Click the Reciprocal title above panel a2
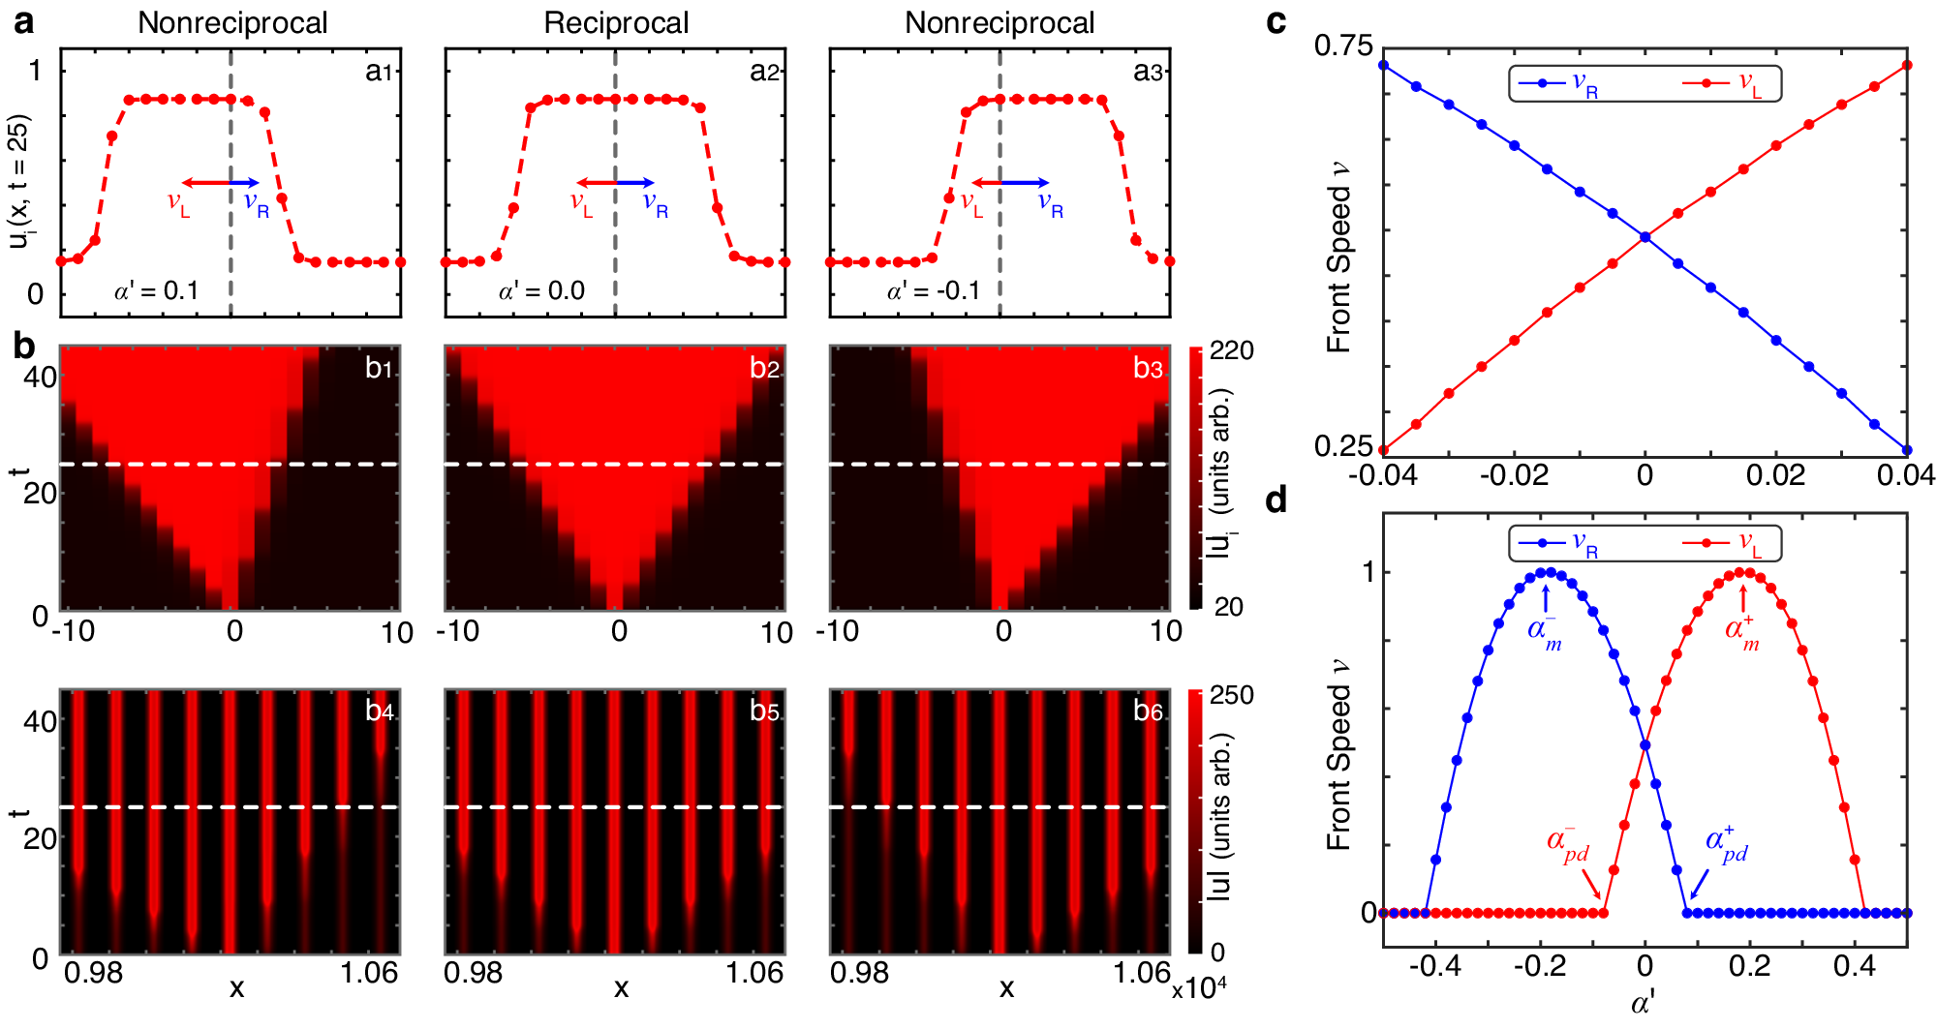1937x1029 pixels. point(616,23)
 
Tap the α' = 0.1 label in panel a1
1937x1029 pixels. point(156,290)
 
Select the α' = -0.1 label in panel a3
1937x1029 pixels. point(933,290)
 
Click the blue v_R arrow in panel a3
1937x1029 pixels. point(1025,183)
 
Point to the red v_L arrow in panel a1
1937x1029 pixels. point(205,183)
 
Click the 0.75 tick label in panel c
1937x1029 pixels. point(1343,45)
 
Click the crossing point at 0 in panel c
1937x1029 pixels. point(1645,236)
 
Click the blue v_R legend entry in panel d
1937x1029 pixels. point(1559,544)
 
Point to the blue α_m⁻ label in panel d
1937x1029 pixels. point(1544,631)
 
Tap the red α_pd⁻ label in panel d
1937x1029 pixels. point(1568,844)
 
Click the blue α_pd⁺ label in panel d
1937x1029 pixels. point(1726,844)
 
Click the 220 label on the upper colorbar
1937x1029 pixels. point(1232,350)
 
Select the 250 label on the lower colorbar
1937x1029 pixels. point(1232,695)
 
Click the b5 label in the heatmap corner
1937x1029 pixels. point(764,711)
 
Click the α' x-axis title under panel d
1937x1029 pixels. point(1644,1003)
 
